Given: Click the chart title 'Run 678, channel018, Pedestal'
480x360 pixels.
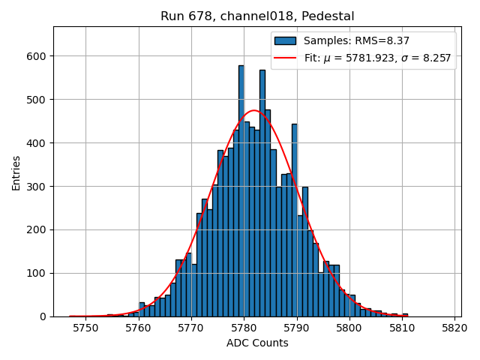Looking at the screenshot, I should click(x=257, y=16).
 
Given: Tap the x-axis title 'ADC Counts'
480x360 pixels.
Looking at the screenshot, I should click(x=257, y=343).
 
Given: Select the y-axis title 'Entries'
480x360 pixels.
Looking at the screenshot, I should click(x=16, y=172).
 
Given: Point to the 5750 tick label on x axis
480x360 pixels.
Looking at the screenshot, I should click(x=85, y=328).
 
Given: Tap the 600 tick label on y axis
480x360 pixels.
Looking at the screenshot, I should click(x=35, y=56).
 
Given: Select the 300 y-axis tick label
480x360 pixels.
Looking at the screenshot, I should click(x=35, y=186).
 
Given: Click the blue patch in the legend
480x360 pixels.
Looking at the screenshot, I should click(x=285, y=41).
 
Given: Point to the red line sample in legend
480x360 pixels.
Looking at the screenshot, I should click(x=285, y=57).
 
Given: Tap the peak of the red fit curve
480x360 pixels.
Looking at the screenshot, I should click(x=254, y=111).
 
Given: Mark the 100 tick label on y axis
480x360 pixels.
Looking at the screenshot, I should click(x=35, y=273).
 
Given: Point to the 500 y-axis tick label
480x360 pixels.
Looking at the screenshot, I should click(x=35, y=100).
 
